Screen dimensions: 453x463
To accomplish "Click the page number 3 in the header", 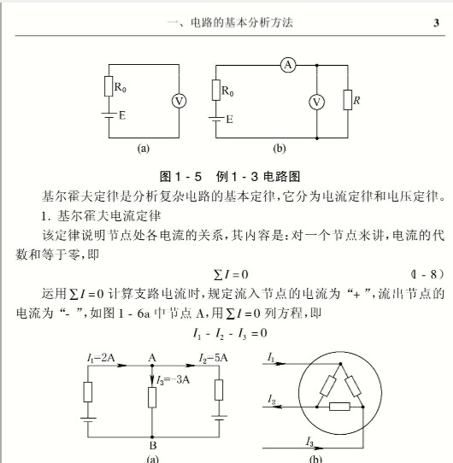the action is pyautogui.click(x=436, y=23).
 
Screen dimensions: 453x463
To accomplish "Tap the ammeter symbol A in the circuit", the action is pyautogui.click(x=288, y=67).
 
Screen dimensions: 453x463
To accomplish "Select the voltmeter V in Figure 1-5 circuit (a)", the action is pyautogui.click(x=179, y=101).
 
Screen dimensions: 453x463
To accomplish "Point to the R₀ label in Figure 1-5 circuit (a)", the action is pyautogui.click(x=122, y=86).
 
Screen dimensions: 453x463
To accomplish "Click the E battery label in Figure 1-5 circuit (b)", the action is pyautogui.click(x=228, y=120).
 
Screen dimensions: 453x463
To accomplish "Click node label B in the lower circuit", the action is pyautogui.click(x=151, y=445).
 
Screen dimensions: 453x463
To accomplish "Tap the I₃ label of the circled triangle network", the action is pyautogui.click(x=313, y=440).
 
